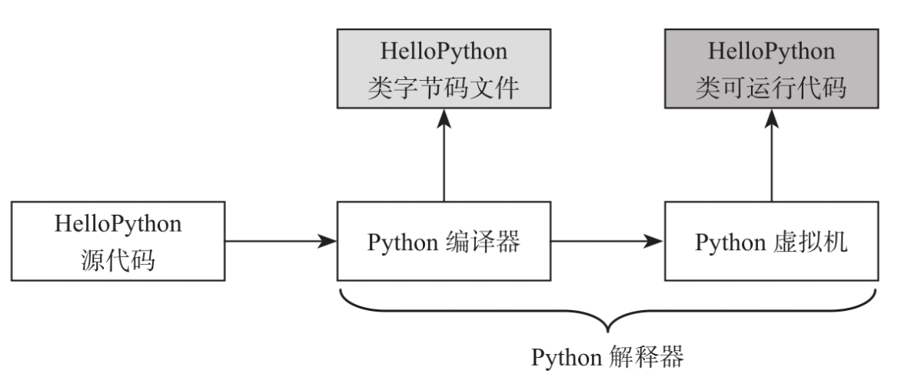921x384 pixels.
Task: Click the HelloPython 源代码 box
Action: tap(118, 242)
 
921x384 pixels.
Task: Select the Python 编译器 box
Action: tap(444, 242)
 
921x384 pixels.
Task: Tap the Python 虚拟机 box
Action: tap(771, 242)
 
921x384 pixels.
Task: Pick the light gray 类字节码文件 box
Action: tap(444, 68)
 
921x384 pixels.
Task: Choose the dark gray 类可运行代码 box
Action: tap(771, 68)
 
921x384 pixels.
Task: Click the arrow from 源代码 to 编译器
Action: tap(281, 242)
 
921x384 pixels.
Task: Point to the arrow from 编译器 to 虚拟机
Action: tap(607, 242)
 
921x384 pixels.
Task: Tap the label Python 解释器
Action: tap(607, 358)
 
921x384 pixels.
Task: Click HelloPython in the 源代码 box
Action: tap(118, 224)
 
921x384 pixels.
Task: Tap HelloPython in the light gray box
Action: tap(444, 51)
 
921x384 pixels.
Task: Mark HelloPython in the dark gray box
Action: tap(771, 51)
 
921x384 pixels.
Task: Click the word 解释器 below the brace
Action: tap(646, 358)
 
